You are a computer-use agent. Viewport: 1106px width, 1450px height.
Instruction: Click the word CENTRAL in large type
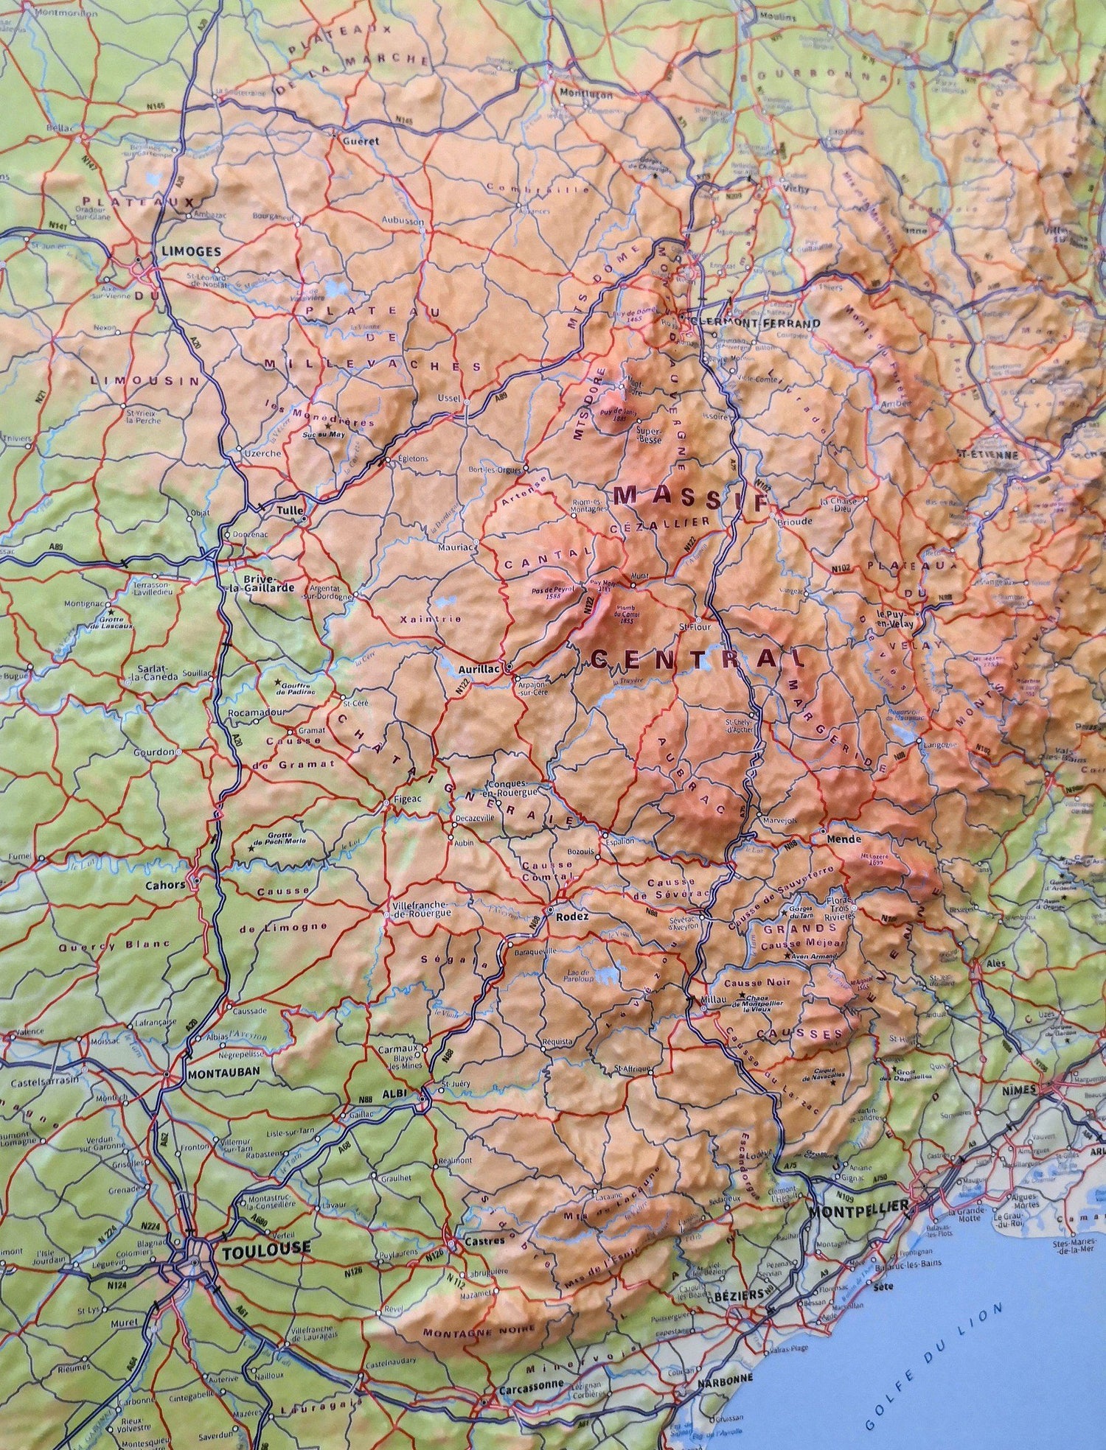[x=684, y=658]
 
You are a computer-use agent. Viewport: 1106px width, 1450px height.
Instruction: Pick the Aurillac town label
[x=479, y=668]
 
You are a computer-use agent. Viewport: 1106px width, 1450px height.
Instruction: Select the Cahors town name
[x=166, y=885]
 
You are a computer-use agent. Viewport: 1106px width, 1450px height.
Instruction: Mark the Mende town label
[x=839, y=839]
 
